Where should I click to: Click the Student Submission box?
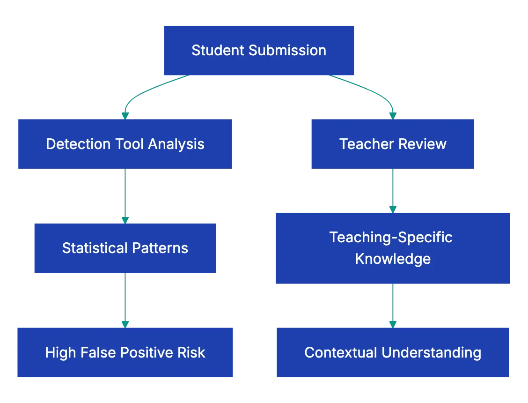(258, 51)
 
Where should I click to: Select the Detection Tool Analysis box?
(124, 143)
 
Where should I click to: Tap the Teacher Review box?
(393, 143)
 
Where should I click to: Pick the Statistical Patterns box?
(125, 247)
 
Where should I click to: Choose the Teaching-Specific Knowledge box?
(393, 247)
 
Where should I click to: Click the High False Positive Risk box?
(125, 352)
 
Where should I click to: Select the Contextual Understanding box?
(392, 352)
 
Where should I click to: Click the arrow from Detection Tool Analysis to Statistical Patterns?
(125, 194)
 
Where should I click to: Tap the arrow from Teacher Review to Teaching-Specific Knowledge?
(393, 190)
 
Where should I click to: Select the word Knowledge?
(393, 259)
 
